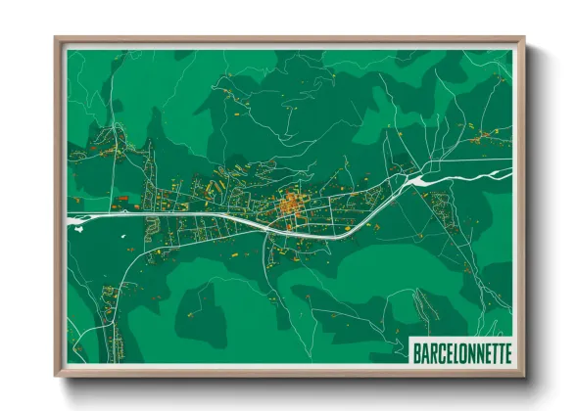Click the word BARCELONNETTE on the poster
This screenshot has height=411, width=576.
[460, 350]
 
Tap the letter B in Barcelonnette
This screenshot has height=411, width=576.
[416, 350]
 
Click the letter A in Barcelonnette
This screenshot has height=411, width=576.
[423, 350]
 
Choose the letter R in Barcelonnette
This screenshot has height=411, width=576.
[431, 350]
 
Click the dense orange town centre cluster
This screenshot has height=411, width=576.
[291, 206]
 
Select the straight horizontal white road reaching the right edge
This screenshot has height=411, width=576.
[480, 160]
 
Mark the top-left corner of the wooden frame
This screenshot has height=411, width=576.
[57, 39]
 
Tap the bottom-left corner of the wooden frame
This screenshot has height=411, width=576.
[57, 375]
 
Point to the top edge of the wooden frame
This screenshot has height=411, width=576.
[289, 40]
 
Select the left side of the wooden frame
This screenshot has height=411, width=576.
[58, 206]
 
